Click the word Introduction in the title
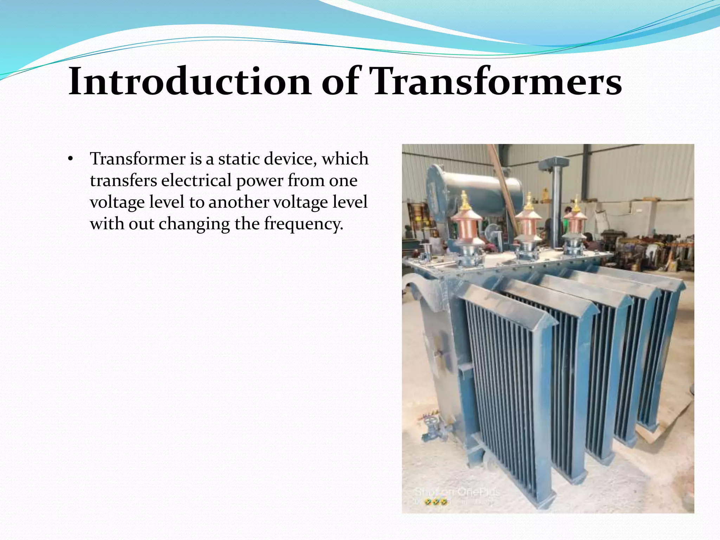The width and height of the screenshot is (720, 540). click(190, 82)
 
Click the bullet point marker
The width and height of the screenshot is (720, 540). click(70, 160)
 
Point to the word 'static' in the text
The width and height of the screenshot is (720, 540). click(239, 159)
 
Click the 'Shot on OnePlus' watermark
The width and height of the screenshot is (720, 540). click(457, 492)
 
